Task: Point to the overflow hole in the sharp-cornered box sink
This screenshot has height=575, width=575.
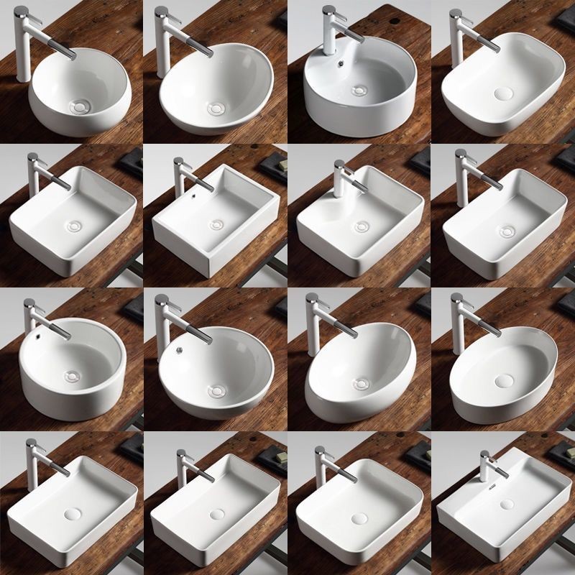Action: point(195,193)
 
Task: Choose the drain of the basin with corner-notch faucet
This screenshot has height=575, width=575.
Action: point(361,227)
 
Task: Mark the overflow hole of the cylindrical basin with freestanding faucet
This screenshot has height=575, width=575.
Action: point(34,334)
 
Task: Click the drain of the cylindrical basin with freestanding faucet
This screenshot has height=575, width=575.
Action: point(71,374)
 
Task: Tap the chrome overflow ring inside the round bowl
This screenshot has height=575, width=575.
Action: point(182,351)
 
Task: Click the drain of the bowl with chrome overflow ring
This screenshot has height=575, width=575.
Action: point(214,391)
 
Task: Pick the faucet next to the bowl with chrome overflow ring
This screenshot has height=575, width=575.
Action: point(162,316)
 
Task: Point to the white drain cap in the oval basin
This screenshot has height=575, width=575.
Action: point(504,378)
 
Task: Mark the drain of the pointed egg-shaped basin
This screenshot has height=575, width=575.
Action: point(362,384)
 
